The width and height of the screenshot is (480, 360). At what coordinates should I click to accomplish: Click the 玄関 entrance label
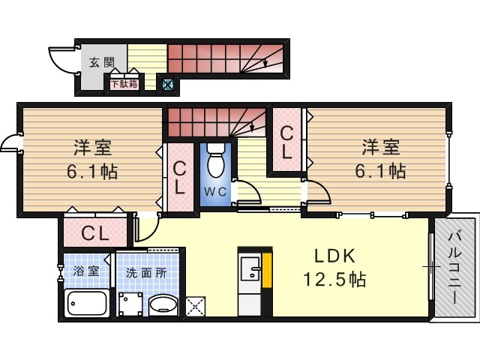(x=102, y=62)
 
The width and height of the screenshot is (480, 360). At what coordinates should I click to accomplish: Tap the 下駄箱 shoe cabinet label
(x=124, y=84)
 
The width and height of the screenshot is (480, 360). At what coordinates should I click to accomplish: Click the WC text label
(x=215, y=192)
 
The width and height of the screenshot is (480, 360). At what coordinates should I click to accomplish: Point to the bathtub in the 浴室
(x=87, y=303)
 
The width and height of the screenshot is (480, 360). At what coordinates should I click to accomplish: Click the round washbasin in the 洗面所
(x=163, y=305)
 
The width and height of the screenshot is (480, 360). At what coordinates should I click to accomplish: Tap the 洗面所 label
(x=147, y=273)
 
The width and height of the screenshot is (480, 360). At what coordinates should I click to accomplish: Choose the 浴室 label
(x=85, y=271)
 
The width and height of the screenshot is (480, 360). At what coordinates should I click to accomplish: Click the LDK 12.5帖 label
(x=334, y=268)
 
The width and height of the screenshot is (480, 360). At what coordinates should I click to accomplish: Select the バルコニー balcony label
(x=454, y=268)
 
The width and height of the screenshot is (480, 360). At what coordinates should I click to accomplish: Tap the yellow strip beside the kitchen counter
(x=267, y=271)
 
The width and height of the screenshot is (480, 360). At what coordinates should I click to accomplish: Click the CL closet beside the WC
(x=180, y=178)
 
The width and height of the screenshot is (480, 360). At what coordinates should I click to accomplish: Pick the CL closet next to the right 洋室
(x=286, y=142)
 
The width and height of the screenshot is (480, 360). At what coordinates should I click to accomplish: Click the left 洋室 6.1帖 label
(x=92, y=159)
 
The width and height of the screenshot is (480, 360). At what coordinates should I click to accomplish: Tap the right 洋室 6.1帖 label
(x=380, y=159)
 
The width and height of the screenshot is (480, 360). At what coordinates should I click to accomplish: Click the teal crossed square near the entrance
(x=168, y=84)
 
